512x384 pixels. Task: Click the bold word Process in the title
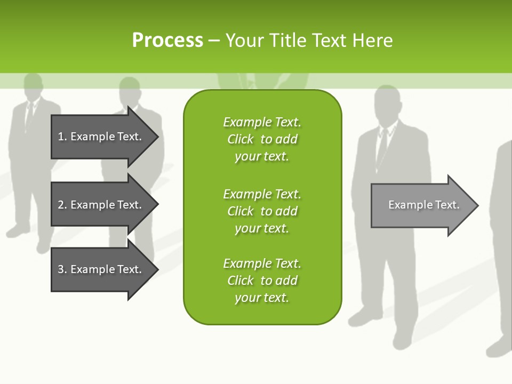coord(167,41)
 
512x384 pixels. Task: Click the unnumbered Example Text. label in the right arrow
coord(424,205)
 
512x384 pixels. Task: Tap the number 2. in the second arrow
coord(62,205)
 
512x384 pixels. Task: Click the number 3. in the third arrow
coord(62,269)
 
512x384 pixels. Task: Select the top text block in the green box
coord(262,139)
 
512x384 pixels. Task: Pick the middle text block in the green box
coord(262,211)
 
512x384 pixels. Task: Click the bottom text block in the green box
coord(262,281)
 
